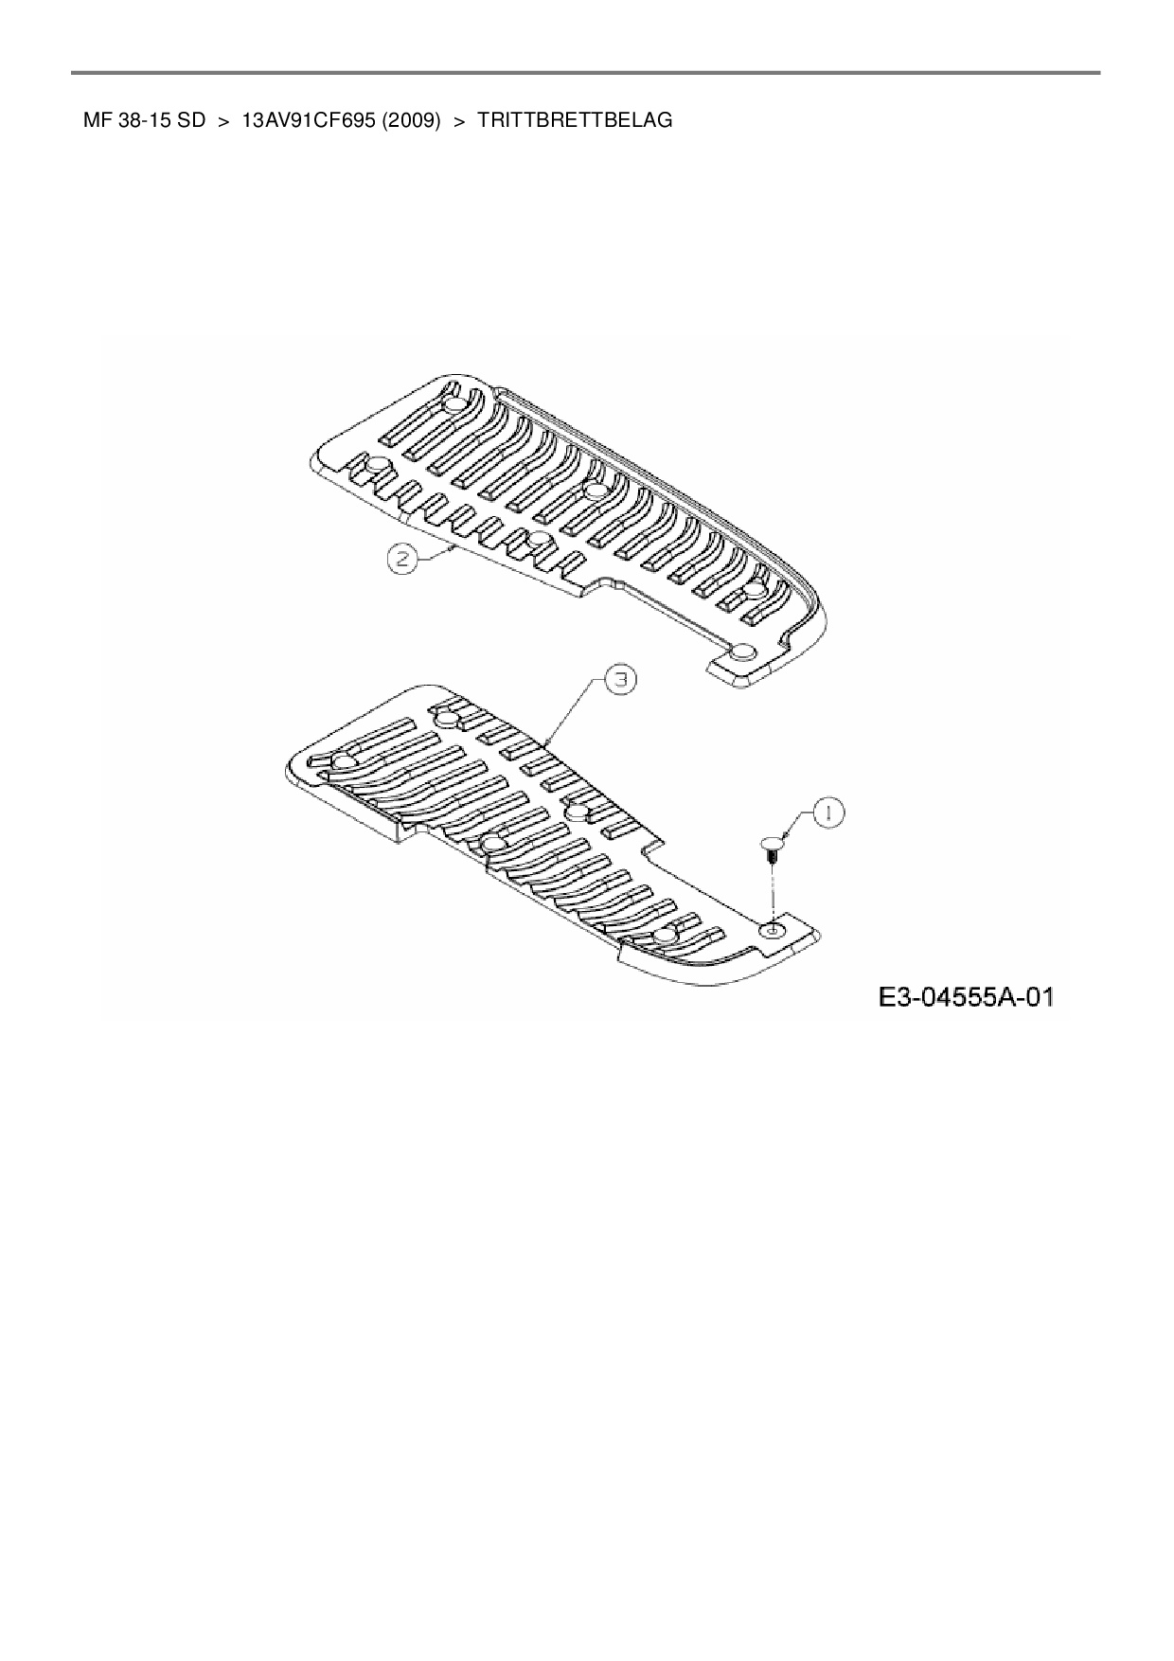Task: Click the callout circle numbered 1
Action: (828, 813)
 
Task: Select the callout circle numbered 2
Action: (402, 560)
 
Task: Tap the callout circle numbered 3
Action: (619, 680)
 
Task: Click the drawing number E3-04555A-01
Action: (966, 997)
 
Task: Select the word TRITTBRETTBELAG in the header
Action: (575, 121)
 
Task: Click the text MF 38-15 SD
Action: (144, 121)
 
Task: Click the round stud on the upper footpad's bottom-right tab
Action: (743, 652)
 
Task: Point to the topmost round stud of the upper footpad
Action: (454, 404)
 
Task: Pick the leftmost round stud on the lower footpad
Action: (346, 762)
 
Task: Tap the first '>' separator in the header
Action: (224, 121)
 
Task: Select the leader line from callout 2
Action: (436, 553)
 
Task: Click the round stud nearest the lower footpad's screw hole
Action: (666, 935)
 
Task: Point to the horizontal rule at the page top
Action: (587, 72)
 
